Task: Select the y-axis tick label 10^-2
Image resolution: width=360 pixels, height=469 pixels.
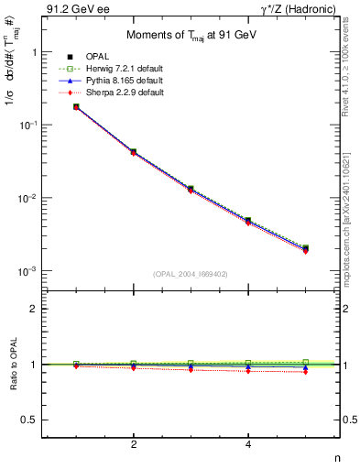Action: click(28, 199)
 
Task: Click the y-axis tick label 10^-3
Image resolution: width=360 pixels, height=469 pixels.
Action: click(28, 272)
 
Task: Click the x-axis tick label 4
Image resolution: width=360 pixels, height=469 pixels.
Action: click(248, 444)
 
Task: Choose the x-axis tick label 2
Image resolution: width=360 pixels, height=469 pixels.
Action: click(134, 444)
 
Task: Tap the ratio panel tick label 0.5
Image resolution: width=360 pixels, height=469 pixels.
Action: click(31, 420)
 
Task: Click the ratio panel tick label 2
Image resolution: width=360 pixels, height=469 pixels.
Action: click(34, 310)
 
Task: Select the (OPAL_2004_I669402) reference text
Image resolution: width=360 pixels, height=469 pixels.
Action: click(191, 274)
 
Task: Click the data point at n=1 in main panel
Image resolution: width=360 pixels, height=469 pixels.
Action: click(76, 107)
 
